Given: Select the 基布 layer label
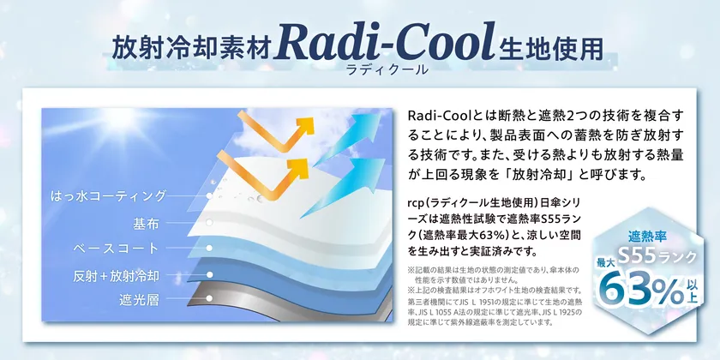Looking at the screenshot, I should tap(146, 223).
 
